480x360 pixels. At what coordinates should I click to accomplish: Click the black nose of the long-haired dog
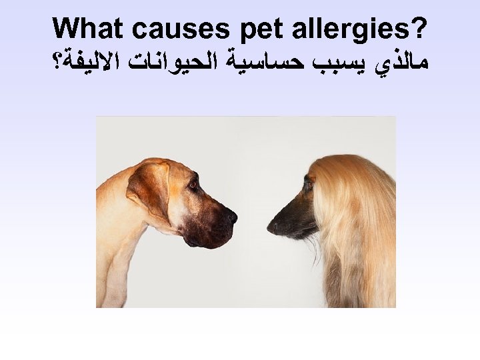tap(271, 227)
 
